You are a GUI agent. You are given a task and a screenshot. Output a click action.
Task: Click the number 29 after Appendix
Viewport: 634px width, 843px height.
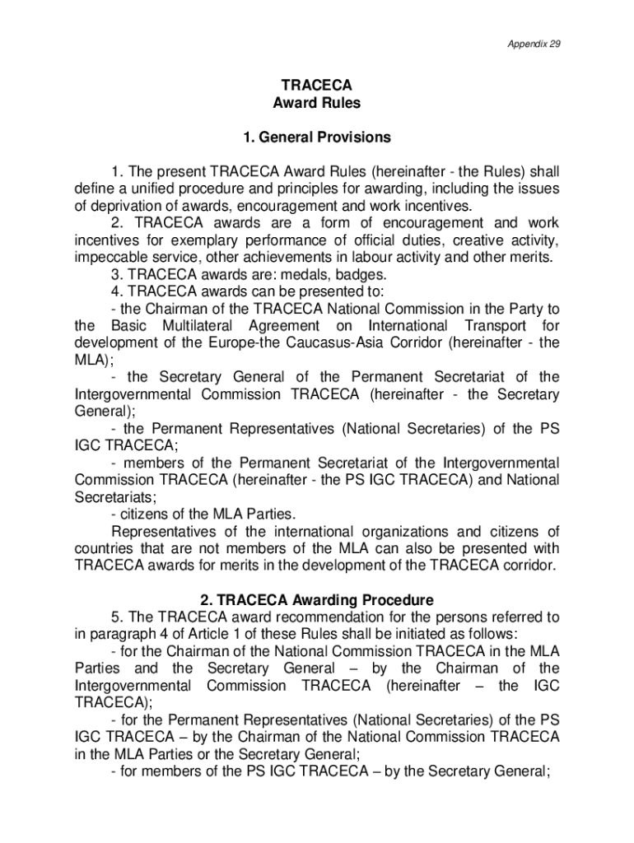coord(554,44)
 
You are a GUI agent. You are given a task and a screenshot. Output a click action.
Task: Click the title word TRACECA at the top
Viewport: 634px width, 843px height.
coord(317,86)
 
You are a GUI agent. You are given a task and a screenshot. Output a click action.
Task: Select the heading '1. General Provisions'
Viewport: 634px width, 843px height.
coord(317,137)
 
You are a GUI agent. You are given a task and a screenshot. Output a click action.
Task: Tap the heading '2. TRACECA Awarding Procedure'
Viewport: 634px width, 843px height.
coord(317,600)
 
